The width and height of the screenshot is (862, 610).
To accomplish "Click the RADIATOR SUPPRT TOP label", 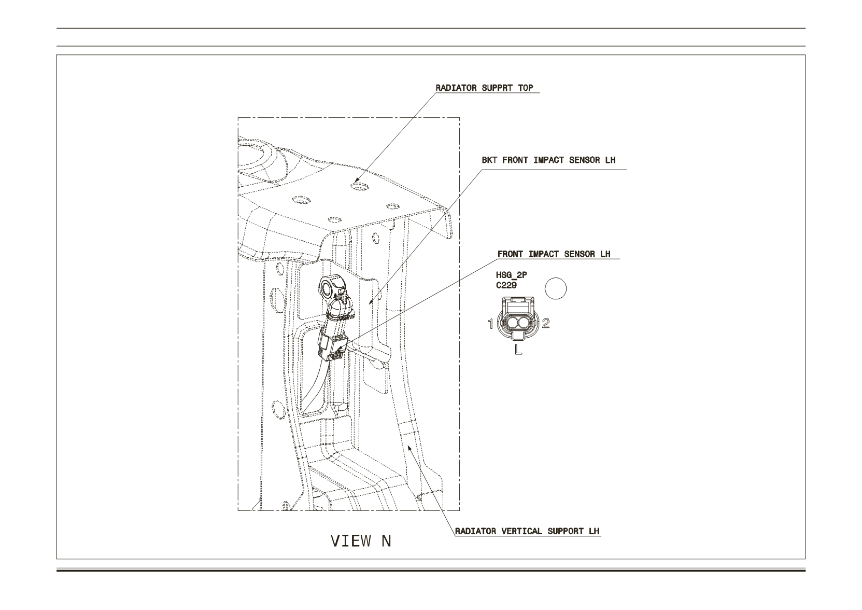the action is click(484, 88).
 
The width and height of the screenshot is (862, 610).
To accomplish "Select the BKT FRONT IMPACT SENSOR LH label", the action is click(548, 160).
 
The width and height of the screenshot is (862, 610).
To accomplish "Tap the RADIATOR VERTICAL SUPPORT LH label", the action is click(527, 531).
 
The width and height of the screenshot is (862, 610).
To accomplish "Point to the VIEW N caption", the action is click(361, 541).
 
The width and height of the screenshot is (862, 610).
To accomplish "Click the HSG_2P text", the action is click(512, 275).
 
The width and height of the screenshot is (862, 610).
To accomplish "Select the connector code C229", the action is click(506, 285).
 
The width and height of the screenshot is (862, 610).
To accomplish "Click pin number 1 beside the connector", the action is click(490, 324).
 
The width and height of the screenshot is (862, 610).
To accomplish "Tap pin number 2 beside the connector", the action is click(546, 324).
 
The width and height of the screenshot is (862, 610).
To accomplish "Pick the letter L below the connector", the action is click(518, 349).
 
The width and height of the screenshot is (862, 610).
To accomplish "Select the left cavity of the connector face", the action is click(512, 323).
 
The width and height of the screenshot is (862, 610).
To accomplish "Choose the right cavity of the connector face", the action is click(524, 323).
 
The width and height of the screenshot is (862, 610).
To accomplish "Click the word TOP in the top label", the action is click(525, 88).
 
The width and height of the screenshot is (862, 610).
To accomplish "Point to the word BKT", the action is click(489, 160).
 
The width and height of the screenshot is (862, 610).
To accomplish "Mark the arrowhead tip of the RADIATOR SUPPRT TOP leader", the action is click(355, 182).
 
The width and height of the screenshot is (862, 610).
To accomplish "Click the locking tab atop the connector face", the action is click(518, 306).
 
